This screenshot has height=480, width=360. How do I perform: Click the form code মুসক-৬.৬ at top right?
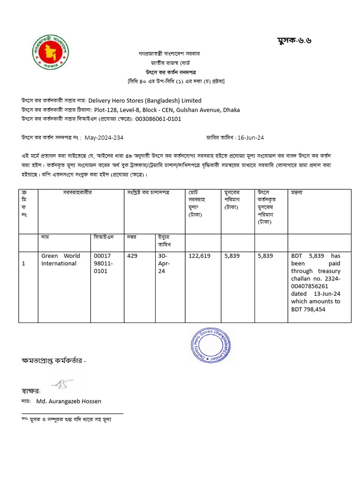tap(294, 40)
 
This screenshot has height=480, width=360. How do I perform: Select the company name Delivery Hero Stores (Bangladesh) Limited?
tap(145, 100)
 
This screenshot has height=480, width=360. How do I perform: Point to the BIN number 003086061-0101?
tap(158, 119)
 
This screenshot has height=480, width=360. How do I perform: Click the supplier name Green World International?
tap(60, 260)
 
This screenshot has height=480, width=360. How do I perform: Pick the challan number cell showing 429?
tap(132, 256)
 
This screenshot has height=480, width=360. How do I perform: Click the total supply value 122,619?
tap(199, 256)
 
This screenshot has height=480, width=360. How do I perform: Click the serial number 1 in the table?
tap(23, 263)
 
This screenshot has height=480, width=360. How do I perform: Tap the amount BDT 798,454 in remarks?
tap(308, 309)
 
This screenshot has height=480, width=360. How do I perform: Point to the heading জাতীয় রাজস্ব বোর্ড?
tap(170, 63)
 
